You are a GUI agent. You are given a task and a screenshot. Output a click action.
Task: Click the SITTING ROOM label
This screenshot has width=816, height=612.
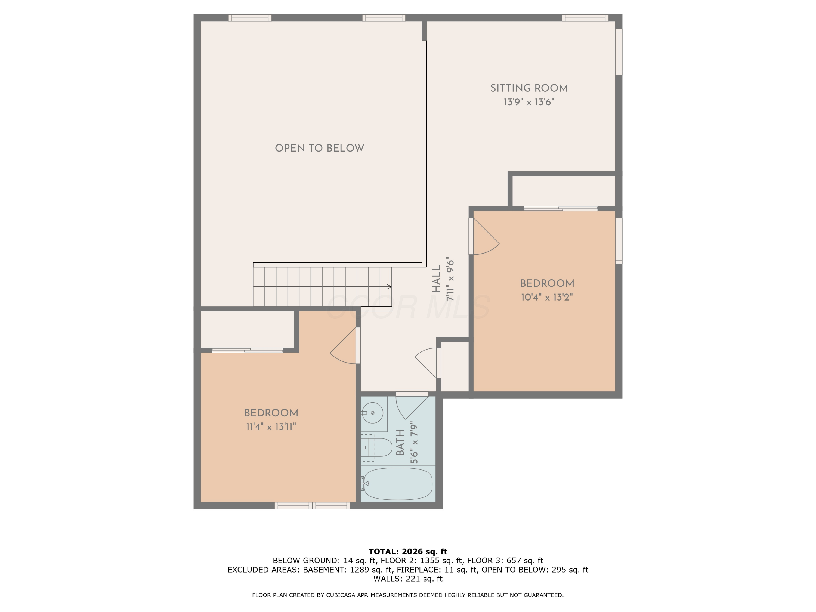click(528, 88)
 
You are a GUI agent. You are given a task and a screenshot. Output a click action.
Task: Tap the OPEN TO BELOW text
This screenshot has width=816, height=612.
click(320, 148)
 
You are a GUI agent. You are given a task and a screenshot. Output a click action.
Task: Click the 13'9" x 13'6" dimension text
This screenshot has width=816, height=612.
click(528, 102)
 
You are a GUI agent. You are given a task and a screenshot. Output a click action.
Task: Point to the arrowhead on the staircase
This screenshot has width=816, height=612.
click(388, 287)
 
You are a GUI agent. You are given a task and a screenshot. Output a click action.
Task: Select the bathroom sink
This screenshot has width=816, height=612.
click(372, 412)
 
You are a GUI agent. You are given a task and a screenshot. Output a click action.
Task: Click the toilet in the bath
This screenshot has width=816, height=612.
click(378, 447)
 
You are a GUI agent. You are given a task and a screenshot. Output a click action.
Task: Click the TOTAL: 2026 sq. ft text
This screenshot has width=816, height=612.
click(408, 552)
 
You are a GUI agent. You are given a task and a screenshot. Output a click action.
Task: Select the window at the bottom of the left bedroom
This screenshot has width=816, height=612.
click(312, 505)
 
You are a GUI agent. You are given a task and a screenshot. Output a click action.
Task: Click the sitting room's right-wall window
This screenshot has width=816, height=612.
click(619, 52)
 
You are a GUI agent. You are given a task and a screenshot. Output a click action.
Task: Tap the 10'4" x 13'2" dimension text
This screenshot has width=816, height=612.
click(547, 297)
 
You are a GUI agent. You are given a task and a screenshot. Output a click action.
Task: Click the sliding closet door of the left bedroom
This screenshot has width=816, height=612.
click(247, 350)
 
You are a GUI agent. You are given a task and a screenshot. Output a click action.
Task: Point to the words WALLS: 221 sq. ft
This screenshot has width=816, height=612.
click(408, 579)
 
